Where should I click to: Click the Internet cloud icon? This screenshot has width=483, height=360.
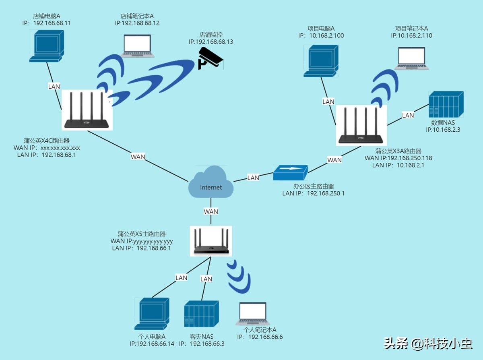pos(211,182)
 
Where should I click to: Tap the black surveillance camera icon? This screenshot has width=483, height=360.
pos(211,58)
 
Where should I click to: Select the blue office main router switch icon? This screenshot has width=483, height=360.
pos(291,173)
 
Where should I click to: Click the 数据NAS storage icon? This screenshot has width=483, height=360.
pos(446,104)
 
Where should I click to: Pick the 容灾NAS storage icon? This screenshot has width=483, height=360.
pos(201,314)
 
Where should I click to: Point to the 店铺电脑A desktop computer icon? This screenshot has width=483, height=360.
pos(47,46)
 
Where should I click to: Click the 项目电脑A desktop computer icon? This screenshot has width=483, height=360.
pos(321,61)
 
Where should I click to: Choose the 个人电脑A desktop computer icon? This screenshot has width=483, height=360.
pos(152,314)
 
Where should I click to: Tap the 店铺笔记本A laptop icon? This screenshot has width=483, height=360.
pos(138,46)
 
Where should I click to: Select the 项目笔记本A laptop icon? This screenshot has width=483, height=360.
pos(412,58)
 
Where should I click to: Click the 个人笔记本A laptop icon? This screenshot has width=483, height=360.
pos(253,314)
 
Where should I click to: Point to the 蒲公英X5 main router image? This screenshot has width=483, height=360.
pos(211,241)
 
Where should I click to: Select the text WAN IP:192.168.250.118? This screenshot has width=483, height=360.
pos(398,158)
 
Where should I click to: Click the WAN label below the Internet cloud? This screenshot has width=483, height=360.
pos(211,211)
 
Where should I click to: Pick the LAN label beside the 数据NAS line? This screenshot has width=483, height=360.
pos(408,115)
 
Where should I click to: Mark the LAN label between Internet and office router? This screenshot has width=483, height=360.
pos(253,178)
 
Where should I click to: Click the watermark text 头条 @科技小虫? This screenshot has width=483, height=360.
pos(428,344)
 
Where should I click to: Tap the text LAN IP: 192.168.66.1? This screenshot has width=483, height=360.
pos(142,248)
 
